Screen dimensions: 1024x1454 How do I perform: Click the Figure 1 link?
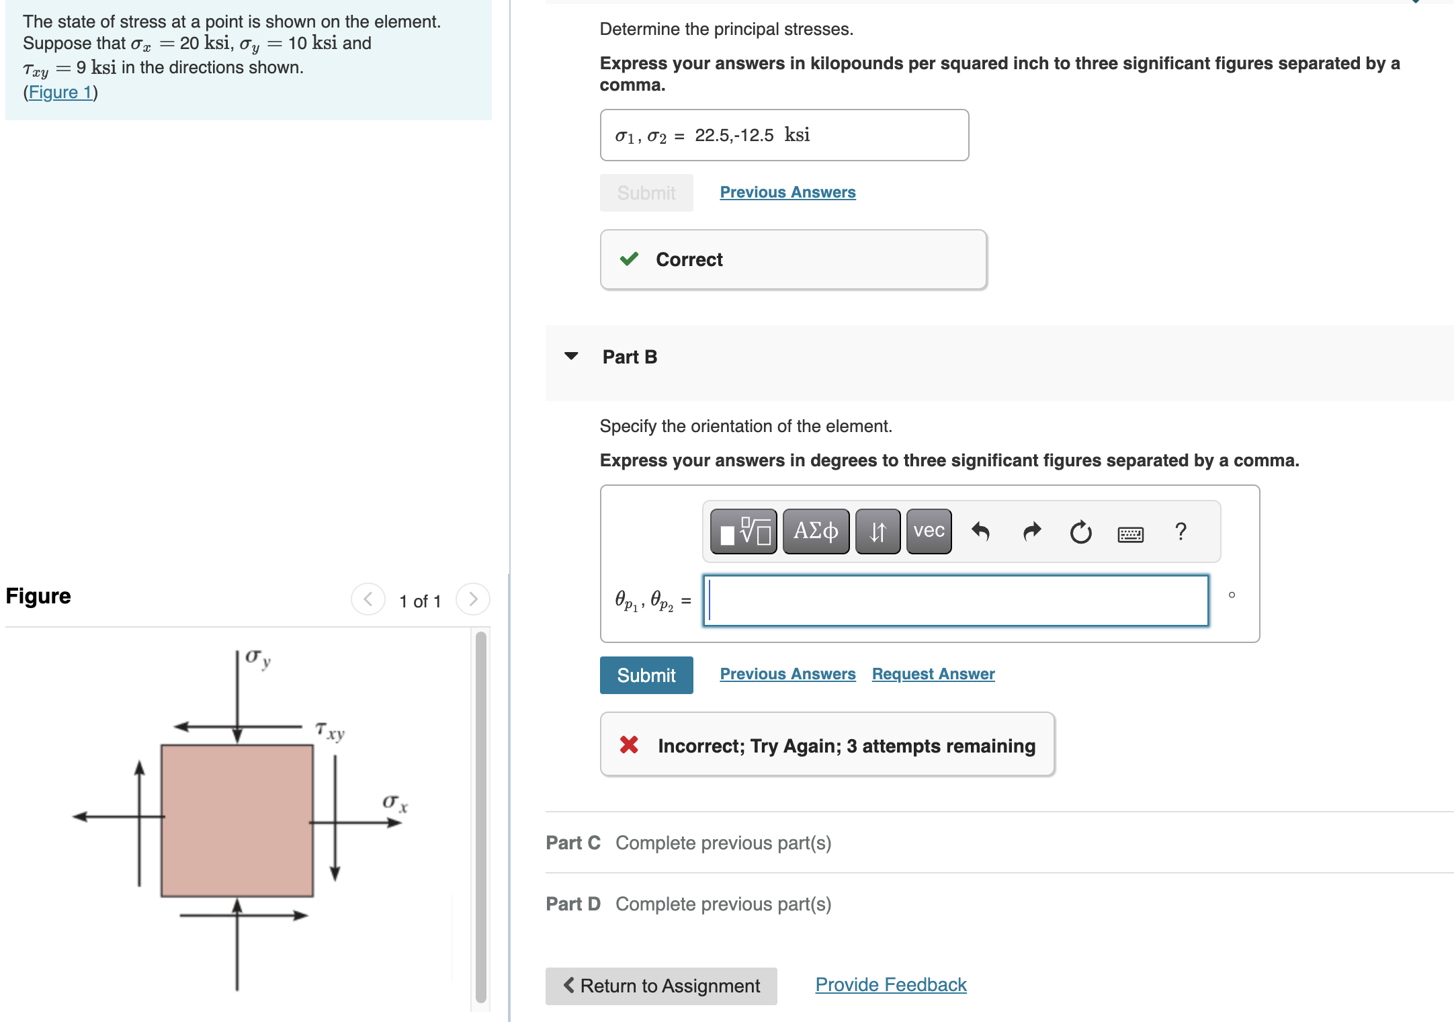(x=60, y=92)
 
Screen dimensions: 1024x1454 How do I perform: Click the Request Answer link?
(x=933, y=674)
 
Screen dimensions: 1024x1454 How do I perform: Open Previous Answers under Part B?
(x=787, y=674)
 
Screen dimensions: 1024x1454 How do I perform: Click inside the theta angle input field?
(x=955, y=601)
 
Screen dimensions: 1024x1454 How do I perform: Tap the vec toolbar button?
(x=929, y=531)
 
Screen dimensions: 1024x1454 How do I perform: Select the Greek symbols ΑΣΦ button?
(x=816, y=531)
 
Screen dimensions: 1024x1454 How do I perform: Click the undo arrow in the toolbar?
(x=980, y=531)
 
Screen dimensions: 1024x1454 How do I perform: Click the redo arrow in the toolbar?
(x=1031, y=531)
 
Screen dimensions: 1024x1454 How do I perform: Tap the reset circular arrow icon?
(x=1080, y=532)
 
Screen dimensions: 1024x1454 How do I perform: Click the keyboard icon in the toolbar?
(x=1130, y=534)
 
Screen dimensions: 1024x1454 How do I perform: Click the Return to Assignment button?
(x=661, y=986)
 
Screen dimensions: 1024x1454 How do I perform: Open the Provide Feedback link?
(x=890, y=984)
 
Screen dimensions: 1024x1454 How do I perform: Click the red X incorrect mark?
(x=629, y=744)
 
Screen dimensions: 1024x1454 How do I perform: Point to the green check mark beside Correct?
(x=629, y=259)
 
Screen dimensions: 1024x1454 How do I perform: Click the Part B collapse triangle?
(x=571, y=356)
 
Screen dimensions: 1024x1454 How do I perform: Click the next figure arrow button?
(x=472, y=599)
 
